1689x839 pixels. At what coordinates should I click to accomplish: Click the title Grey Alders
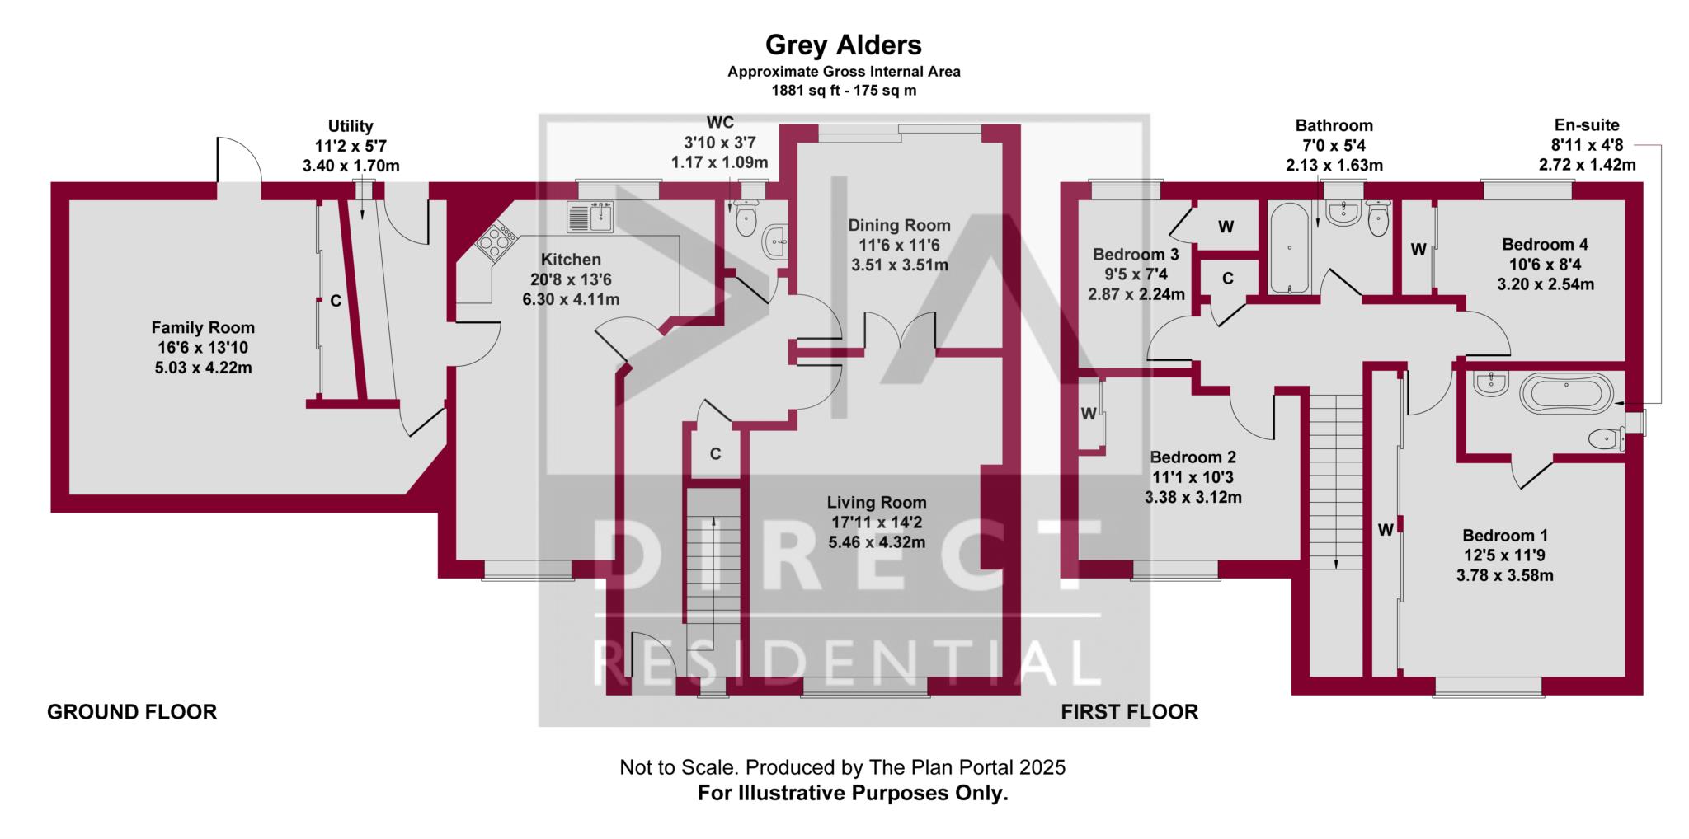point(844,44)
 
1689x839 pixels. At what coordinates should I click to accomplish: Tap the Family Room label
point(203,327)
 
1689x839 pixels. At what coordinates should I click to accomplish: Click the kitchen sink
point(590,217)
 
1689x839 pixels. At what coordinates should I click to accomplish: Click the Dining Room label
point(900,225)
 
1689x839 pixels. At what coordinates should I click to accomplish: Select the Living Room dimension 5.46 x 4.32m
point(877,542)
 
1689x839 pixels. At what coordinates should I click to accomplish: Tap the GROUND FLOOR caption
point(132,712)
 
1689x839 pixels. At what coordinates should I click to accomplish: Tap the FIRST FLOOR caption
point(1130,712)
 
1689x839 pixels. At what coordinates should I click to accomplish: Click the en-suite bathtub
point(1566,393)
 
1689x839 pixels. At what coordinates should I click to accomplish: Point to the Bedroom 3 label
point(1136,255)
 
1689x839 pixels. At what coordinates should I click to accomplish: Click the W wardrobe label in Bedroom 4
point(1418,250)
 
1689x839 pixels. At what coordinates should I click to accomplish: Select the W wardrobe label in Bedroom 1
point(1386,531)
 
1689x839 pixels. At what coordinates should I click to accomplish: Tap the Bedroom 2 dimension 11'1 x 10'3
point(1193,477)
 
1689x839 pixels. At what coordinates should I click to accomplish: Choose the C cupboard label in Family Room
point(336,302)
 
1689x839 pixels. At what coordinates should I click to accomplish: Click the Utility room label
point(351,126)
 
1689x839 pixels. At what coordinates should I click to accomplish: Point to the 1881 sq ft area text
point(802,91)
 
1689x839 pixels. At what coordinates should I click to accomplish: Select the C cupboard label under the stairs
point(716,454)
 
